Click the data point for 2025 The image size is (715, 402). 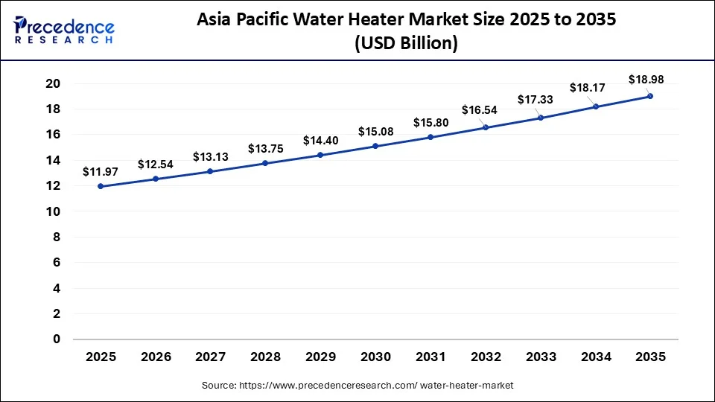pos(101,186)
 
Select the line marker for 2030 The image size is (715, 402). pos(375,146)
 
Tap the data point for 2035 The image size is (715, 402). pos(650,96)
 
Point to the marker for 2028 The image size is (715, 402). pos(265,163)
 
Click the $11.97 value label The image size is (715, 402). pos(101,172)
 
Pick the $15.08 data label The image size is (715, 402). pos(375,132)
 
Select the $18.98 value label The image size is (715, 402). pos(646,79)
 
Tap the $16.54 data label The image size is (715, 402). pos(485,110)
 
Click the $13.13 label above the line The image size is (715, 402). pos(210,156)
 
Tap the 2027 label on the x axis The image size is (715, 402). pos(210,357)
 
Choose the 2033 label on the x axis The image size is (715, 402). pos(540,357)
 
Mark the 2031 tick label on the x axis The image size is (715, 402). pos(430,357)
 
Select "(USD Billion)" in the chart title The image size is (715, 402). pos(406,44)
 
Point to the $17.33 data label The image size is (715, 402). pos(536,100)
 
